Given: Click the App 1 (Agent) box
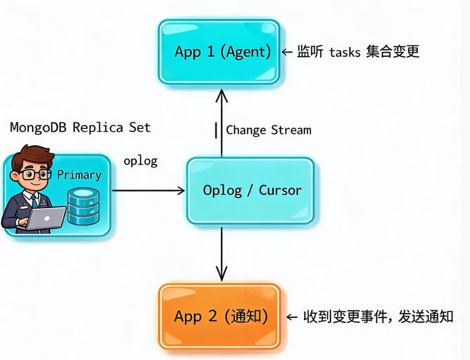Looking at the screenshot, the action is [x=219, y=52].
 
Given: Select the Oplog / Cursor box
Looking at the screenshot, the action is [x=251, y=191].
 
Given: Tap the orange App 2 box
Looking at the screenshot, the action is [x=220, y=317].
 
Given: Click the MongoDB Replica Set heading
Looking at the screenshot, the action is [x=80, y=128].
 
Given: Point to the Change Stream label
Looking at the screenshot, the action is [x=269, y=130].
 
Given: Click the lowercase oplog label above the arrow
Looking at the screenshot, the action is [x=140, y=161].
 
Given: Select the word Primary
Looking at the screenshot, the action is [x=79, y=175].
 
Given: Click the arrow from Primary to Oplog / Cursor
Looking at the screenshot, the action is [x=148, y=191].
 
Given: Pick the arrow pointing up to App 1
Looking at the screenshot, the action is [x=221, y=123].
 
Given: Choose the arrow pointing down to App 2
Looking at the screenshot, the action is [x=221, y=254].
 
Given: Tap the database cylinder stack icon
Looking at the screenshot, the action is [x=83, y=206].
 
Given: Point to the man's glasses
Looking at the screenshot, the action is [x=35, y=174].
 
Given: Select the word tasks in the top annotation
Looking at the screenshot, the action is [x=345, y=52].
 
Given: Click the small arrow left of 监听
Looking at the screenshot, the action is [x=287, y=52].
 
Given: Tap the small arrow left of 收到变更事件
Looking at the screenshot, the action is [x=292, y=317].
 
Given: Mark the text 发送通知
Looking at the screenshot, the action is [x=426, y=317].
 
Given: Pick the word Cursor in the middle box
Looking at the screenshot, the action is [x=280, y=191].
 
